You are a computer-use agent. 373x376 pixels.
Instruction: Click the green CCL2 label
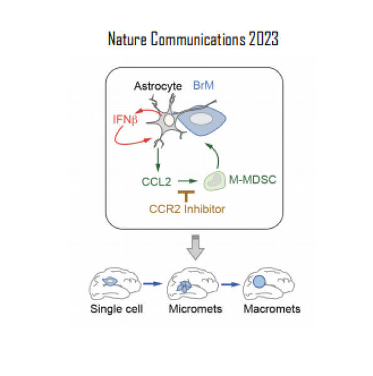point(158,182)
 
